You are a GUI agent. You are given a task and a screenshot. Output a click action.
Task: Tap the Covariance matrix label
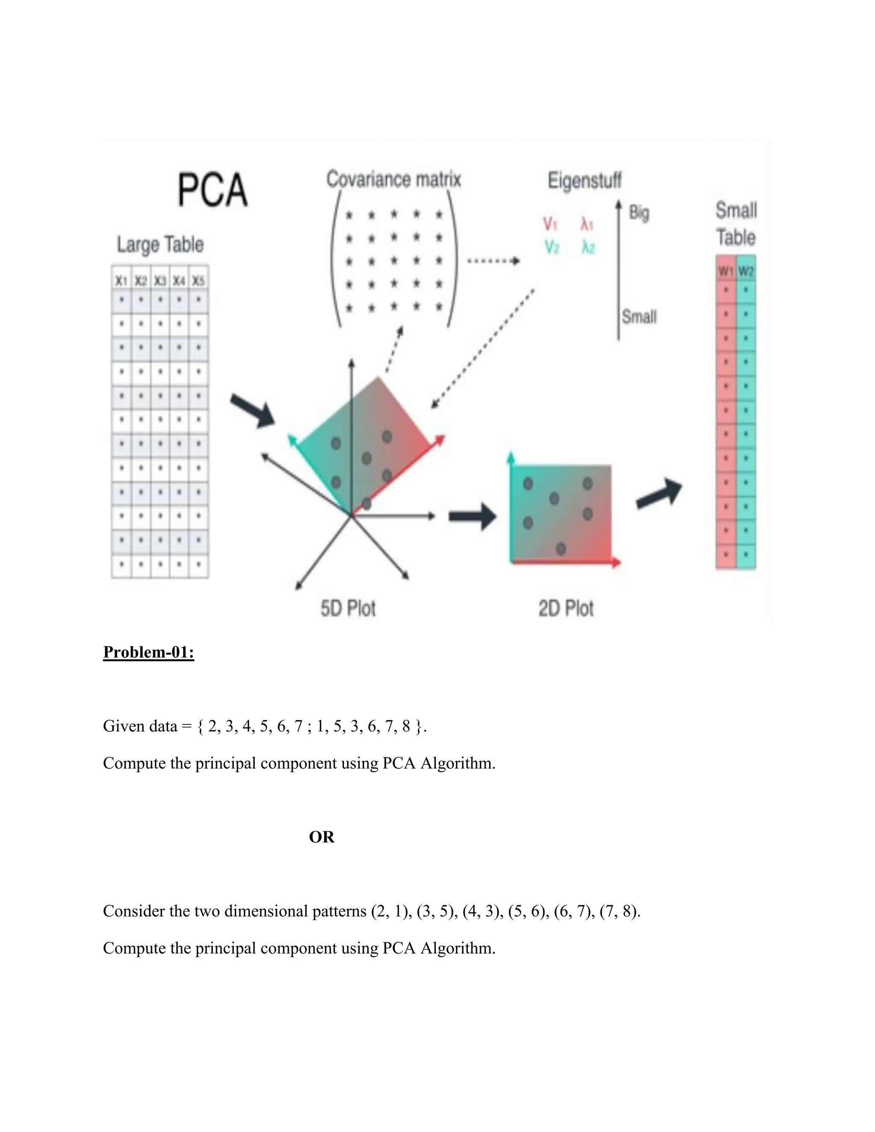393,179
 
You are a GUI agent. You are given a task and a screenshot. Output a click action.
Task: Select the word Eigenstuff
584,180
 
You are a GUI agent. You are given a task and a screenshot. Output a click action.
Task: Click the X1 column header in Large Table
121,281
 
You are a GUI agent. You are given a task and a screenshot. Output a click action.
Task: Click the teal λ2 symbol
588,248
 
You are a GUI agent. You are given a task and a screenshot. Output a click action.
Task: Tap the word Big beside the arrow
639,212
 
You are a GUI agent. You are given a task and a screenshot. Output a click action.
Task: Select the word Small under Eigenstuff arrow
639,316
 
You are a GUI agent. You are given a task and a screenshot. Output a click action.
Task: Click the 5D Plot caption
348,608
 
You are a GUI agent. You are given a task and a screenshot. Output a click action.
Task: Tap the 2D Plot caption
566,608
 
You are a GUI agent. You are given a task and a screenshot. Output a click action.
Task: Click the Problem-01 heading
149,651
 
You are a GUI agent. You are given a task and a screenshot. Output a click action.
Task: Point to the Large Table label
160,244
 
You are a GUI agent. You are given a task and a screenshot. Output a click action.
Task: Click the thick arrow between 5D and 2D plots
472,516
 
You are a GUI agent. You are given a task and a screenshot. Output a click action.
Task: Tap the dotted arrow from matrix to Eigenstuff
493,261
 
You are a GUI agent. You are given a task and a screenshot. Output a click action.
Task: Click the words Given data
140,726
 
